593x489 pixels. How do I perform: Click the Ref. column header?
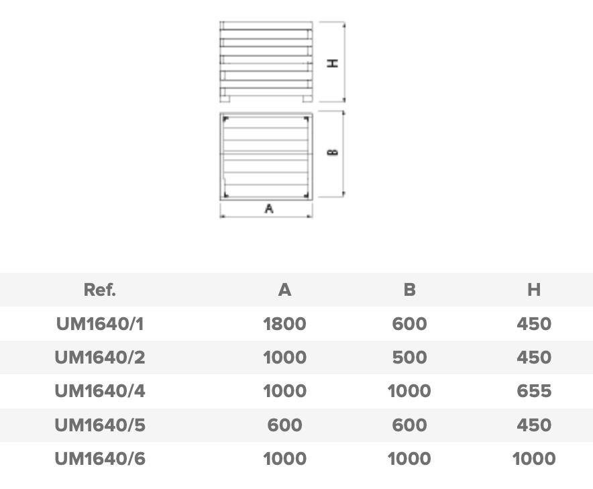click(100, 290)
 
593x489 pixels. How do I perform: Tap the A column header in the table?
click(285, 290)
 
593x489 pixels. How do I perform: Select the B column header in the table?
click(410, 290)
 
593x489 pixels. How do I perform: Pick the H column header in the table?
click(534, 290)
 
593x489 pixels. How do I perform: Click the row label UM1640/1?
click(100, 324)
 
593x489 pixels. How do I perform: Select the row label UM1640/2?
click(100, 358)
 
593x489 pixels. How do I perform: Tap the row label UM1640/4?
click(100, 391)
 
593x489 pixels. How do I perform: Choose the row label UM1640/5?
click(100, 425)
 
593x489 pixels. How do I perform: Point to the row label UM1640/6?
click(100, 459)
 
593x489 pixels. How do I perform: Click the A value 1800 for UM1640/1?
click(285, 324)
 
